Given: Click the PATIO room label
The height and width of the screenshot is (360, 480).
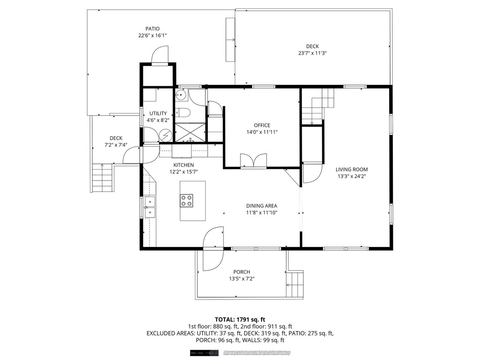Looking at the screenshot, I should [152, 29].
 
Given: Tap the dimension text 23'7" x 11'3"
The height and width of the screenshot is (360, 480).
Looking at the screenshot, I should [312, 53].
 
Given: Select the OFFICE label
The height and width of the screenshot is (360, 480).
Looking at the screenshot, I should [262, 125].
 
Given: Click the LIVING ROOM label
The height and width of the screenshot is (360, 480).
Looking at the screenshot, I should [352, 169].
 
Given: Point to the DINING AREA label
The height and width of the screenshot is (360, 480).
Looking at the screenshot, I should [262, 206].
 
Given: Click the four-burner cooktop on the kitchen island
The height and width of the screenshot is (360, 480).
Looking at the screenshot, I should [187, 201].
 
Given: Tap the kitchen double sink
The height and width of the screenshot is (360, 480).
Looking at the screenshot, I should [150, 207].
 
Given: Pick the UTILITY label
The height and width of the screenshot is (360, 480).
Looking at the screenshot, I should [158, 113].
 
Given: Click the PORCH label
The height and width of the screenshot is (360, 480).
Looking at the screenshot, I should [241, 272].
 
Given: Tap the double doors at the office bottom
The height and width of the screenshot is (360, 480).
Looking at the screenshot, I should [253, 160].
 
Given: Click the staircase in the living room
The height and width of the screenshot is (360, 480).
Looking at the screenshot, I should [318, 106].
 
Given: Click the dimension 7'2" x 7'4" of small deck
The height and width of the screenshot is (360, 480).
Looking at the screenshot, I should [116, 145].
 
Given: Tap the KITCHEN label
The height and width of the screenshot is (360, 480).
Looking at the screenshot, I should [183, 165].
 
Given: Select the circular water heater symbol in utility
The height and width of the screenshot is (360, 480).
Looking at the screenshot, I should [165, 135].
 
